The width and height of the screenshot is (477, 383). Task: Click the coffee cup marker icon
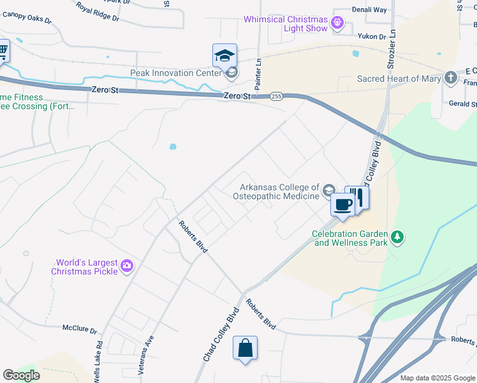342,204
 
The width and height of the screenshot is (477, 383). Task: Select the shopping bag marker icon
245,349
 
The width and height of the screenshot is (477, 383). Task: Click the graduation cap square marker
224,56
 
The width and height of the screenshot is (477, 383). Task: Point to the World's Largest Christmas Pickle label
87,267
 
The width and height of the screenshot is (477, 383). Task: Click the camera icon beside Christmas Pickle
127,266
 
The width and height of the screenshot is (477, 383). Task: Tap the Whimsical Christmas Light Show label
286,24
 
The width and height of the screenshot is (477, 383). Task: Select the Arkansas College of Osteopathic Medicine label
279,191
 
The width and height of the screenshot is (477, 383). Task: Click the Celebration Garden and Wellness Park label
350,238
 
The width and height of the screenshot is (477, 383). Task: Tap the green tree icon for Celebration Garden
398,237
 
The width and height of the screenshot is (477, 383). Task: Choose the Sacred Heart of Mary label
399,79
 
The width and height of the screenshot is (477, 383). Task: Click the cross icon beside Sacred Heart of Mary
451,78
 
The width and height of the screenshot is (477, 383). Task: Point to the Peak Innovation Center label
176,73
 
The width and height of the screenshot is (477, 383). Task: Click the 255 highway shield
276,96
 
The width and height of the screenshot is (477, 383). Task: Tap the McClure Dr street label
79,330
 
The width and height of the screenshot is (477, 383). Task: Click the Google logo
21,375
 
